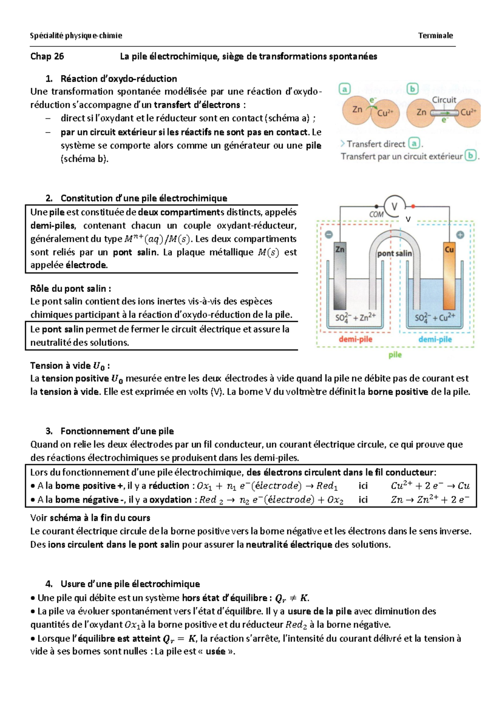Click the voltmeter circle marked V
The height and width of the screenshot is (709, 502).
coord(394,206)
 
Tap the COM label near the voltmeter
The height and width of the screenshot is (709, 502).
coord(376,214)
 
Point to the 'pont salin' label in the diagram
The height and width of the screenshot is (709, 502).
coord(394,253)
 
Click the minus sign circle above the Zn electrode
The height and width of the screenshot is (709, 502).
coord(329,235)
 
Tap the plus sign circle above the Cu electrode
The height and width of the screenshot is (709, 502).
coord(460,235)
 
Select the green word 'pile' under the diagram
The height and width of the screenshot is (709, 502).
coord(395,355)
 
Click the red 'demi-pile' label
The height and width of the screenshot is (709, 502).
coord(355,339)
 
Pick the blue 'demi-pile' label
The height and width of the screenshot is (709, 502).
coord(435,339)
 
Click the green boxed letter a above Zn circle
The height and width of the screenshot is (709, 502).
coord(344,89)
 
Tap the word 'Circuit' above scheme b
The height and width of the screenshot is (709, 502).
coord(444,100)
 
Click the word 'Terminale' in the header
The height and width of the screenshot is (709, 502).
coord(435,36)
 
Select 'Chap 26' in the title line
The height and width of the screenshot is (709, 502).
coord(47,56)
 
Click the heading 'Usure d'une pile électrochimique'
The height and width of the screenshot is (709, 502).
coord(130,584)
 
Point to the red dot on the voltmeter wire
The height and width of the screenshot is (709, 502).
coord(413,207)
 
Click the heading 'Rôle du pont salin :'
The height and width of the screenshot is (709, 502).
coord(71,288)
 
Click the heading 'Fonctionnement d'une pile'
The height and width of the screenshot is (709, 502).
coord(117,431)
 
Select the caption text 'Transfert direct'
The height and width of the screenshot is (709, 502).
coord(376,144)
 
